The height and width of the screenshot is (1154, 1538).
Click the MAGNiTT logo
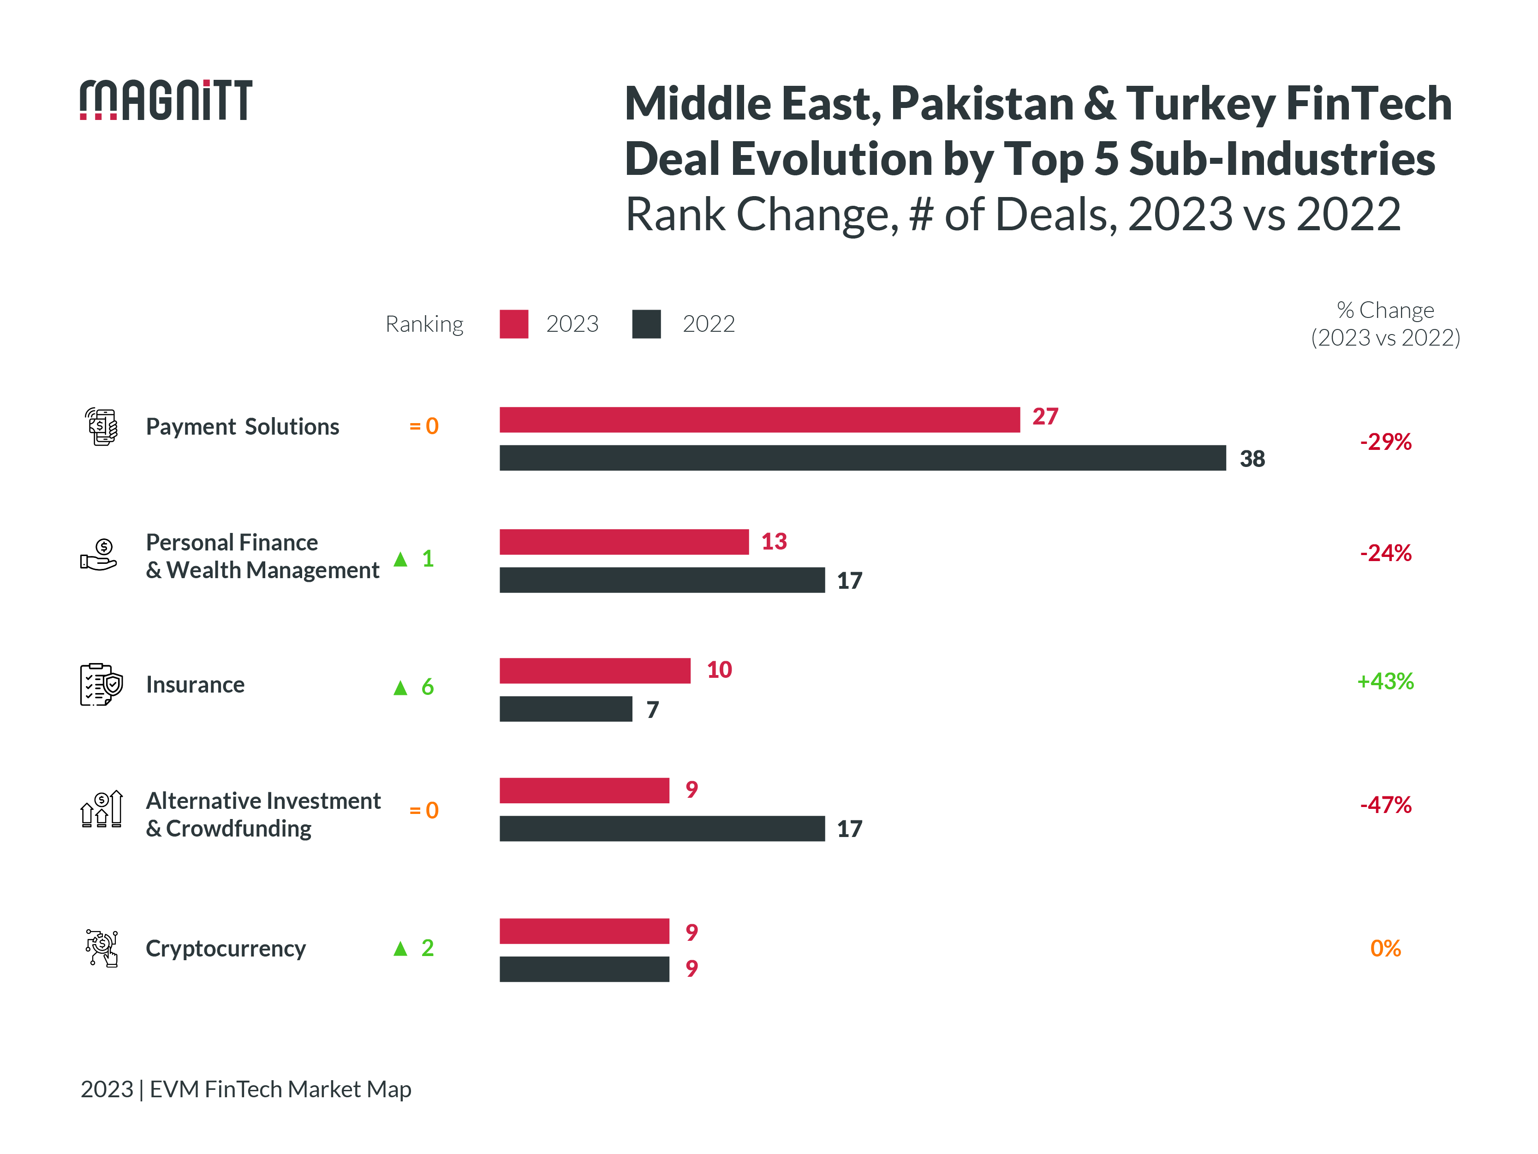click(166, 100)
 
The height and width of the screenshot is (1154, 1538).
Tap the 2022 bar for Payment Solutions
click(862, 458)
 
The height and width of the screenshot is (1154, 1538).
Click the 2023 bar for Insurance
click(595, 670)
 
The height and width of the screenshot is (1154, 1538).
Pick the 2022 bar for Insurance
click(565, 709)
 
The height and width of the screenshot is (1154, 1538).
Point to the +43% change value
click(1384, 681)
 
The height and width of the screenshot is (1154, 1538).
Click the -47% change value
click(1385, 805)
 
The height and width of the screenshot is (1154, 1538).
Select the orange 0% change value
click(1384, 948)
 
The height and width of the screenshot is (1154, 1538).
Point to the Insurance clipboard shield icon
click(101, 684)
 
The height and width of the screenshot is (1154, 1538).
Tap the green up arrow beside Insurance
click(400, 688)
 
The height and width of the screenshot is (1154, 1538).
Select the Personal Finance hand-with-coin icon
click(99, 555)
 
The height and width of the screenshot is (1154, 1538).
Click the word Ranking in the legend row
click(424, 324)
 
